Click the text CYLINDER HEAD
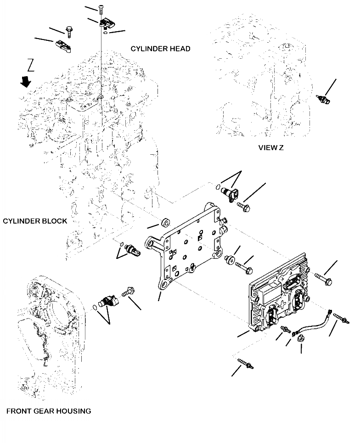click(x=160, y=49)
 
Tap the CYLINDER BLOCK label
click(x=35, y=221)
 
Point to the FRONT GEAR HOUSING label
click(x=49, y=411)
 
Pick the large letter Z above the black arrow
click(x=30, y=65)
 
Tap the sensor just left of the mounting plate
click(x=133, y=250)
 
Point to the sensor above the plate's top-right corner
click(x=227, y=193)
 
